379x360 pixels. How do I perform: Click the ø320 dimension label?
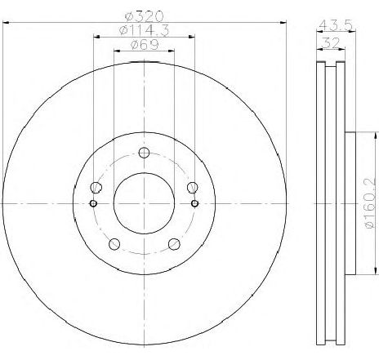144,16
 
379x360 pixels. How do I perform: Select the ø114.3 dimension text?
144,29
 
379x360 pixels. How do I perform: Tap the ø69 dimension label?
145,44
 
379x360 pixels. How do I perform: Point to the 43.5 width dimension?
336,25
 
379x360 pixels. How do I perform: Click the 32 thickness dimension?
331,42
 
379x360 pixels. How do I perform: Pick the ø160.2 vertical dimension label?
372,203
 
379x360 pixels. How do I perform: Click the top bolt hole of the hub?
144,153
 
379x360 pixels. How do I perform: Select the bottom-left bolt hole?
114,244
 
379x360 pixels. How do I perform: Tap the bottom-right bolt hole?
174,244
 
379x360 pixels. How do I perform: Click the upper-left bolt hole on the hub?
96,187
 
